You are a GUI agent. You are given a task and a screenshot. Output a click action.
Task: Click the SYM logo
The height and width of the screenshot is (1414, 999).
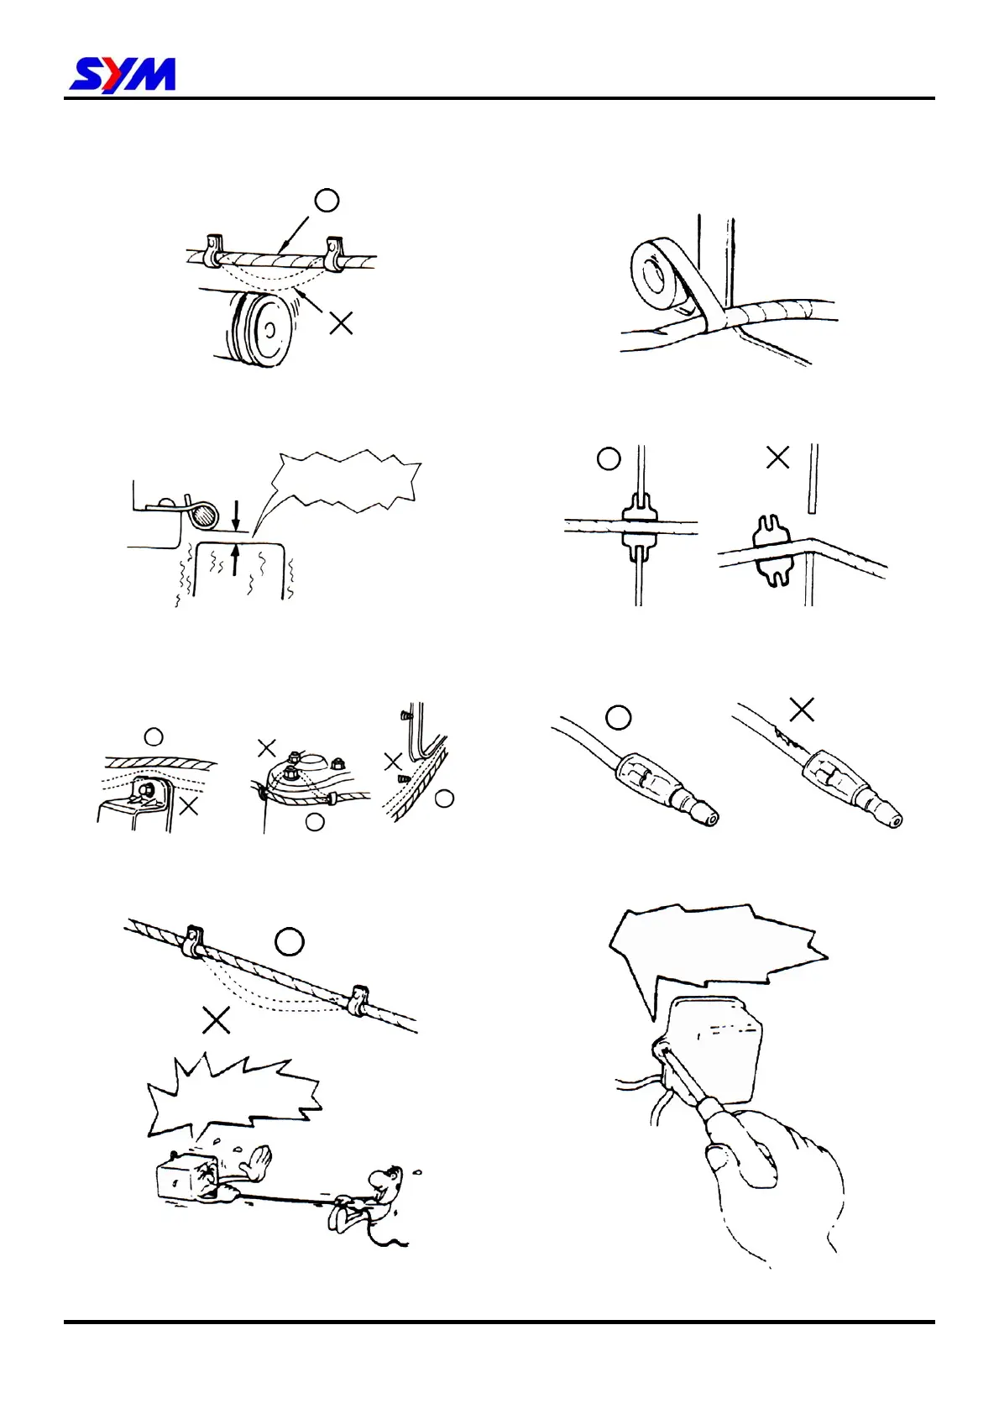[x=123, y=75]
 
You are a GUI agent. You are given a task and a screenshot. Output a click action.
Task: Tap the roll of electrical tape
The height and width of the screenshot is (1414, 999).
[x=659, y=274]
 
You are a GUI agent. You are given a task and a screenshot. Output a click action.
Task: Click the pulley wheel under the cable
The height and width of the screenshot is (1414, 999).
[x=261, y=328]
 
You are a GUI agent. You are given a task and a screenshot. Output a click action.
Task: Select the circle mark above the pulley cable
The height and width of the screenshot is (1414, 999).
[x=327, y=200]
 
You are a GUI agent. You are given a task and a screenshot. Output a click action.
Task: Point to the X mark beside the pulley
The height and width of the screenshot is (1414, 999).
[x=341, y=322]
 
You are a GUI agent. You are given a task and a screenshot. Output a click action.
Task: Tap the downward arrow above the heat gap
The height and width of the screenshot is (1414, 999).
[x=235, y=513]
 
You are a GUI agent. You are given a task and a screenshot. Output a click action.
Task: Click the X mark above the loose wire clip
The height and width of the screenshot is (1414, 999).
[x=778, y=458]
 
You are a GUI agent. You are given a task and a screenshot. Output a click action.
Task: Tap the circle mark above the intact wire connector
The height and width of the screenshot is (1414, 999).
[x=619, y=717]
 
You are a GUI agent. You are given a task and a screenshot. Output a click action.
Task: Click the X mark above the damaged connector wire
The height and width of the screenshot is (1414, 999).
[x=802, y=710]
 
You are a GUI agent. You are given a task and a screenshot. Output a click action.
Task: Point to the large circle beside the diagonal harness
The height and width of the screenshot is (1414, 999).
[x=290, y=942]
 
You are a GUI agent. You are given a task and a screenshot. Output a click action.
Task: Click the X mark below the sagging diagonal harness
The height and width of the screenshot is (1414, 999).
[x=217, y=1020]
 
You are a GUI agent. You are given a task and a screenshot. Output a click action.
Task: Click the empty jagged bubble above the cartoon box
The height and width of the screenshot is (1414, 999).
[x=235, y=1095]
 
